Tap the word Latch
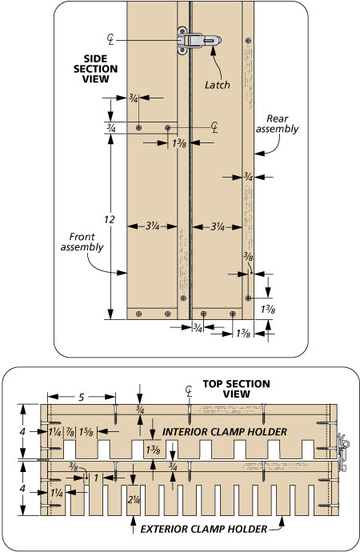pyautogui.click(x=217, y=85)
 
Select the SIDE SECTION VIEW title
pyautogui.click(x=95, y=69)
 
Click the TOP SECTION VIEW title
pyautogui.click(x=236, y=389)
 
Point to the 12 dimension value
pyautogui.click(x=109, y=220)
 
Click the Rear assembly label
pyautogui.click(x=277, y=124)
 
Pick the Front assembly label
pyautogui.click(x=82, y=242)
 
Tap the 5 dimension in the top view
pyautogui.click(x=82, y=397)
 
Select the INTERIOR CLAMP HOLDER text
pyautogui.click(x=225, y=432)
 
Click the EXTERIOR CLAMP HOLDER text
pyautogui.click(x=204, y=529)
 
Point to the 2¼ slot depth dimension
pyautogui.click(x=134, y=499)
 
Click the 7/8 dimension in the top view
pyautogui.click(x=70, y=432)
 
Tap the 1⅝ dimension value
pyautogui.click(x=86, y=432)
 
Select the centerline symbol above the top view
pyautogui.click(x=189, y=390)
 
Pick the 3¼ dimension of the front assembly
pyautogui.click(x=152, y=226)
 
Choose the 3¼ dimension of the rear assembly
pyautogui.click(x=218, y=226)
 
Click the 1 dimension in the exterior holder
pyautogui.click(x=96, y=478)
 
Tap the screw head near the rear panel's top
pyautogui.click(x=249, y=41)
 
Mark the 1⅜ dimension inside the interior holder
pyautogui.click(x=153, y=450)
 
